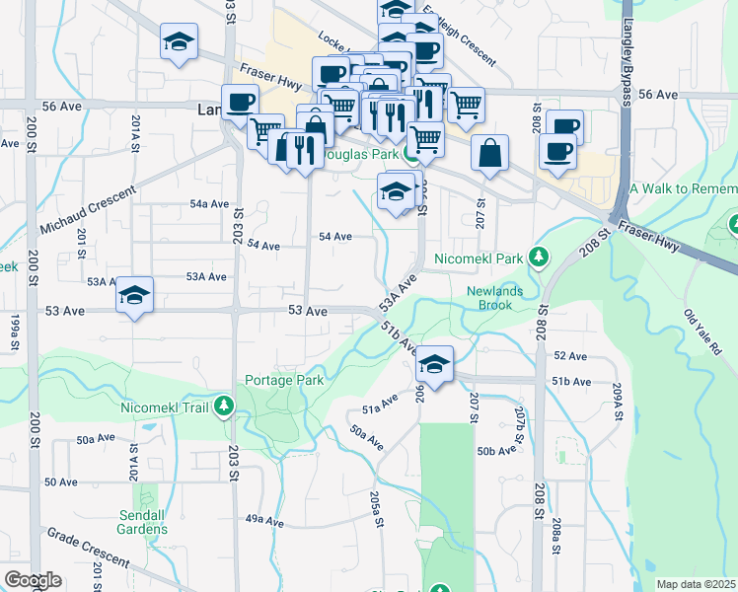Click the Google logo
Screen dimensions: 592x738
point(33,579)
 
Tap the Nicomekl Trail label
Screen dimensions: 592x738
point(162,406)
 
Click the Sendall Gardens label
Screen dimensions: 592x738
point(141,522)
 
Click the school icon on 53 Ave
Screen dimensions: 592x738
point(134,296)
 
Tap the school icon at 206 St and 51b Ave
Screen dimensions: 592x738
point(434,365)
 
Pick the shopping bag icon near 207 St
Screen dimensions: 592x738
point(489,155)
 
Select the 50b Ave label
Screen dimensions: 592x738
point(496,451)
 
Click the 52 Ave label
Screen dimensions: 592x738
point(570,355)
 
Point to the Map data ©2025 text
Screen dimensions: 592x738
point(697,584)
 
